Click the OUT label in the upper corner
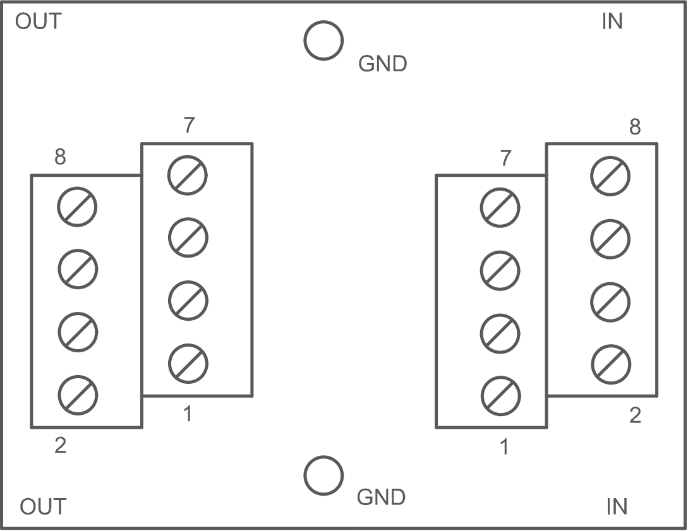pos(38,21)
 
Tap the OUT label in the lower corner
pos(42,506)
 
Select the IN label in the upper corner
pos(612,21)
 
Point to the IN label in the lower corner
pos(617,506)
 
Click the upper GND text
pos(382,64)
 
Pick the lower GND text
pos(381,498)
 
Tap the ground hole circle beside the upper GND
pos(323,41)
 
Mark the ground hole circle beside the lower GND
pos(323,475)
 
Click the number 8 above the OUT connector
pos(60,157)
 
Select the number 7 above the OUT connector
pos(189,126)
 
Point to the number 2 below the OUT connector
pos(60,446)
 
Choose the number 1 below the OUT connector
pos(188,414)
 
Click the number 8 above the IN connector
pos(634,127)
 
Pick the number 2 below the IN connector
pos(635,415)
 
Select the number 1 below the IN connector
pos(504,447)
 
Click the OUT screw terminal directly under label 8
pos(78,207)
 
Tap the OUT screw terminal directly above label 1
pos(188,363)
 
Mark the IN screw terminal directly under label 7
pos(500,207)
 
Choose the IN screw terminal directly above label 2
pos(610,364)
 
